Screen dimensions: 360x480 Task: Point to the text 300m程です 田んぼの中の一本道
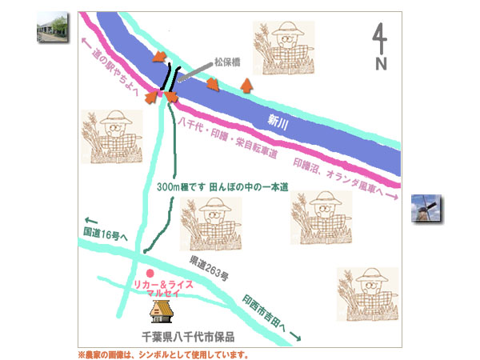point(223,186)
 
